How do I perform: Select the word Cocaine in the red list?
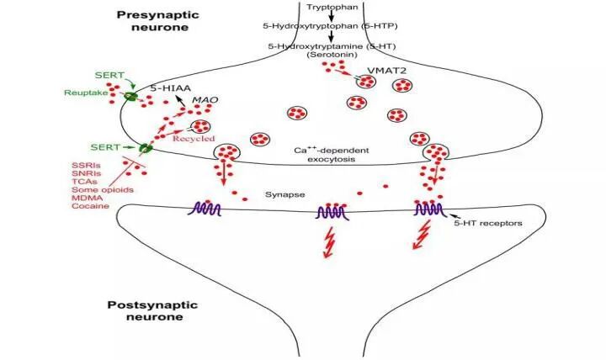click(x=89, y=206)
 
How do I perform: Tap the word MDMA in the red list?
click(x=87, y=198)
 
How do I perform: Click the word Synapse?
click(x=282, y=193)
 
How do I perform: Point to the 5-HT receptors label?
click(x=494, y=222)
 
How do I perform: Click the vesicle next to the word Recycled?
click(x=201, y=127)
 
